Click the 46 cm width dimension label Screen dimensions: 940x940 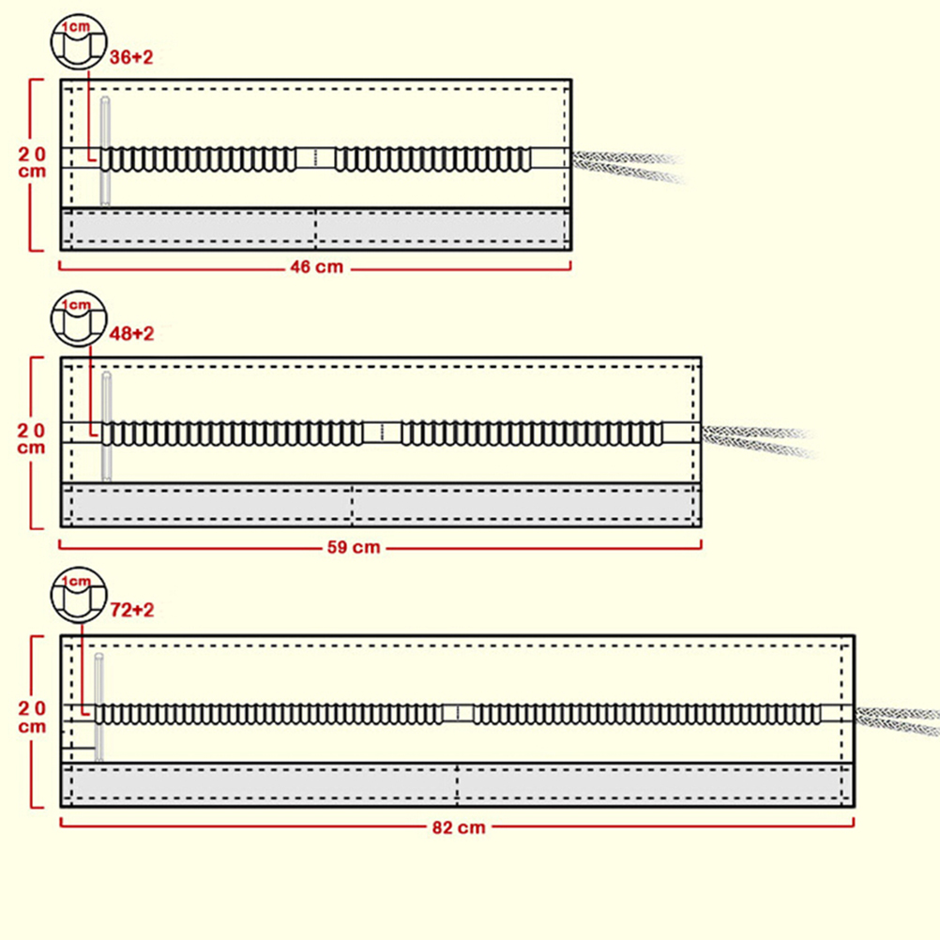316,267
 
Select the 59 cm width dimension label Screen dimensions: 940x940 354,547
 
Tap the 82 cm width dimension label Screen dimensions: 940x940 460,827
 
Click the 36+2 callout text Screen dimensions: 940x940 131,57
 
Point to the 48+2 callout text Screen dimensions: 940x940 131,334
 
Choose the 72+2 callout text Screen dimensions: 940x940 131,611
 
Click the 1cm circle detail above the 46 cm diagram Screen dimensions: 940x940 78,42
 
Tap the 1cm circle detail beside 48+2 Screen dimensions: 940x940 78,319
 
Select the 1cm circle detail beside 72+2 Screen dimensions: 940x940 78,596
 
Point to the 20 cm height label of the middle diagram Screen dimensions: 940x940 32,438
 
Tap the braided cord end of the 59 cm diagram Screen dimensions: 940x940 756,439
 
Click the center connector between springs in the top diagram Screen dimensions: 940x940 316,158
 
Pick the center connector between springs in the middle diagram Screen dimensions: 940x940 382,432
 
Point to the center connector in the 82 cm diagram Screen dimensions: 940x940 457,713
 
